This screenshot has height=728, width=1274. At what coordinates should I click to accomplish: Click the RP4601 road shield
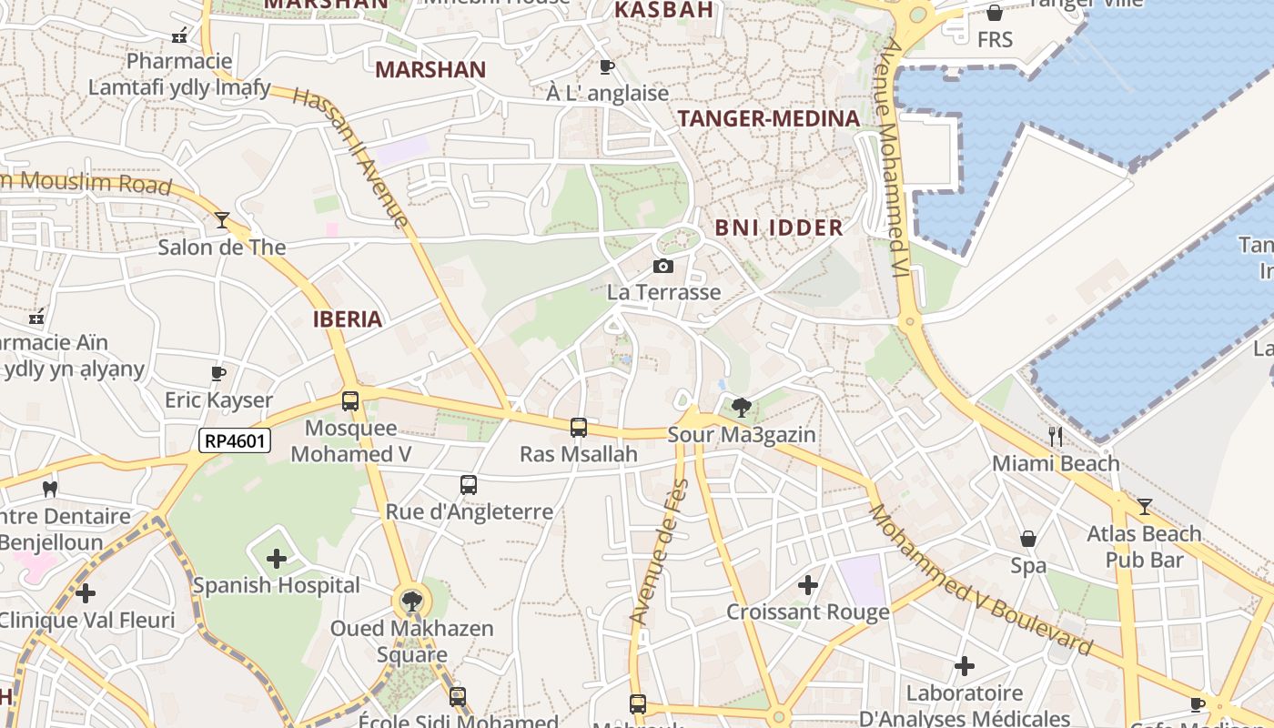coord(235,441)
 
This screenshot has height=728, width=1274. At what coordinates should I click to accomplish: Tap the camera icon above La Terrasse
coord(663,266)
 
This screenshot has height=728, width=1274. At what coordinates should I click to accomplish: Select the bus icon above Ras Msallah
coord(578,427)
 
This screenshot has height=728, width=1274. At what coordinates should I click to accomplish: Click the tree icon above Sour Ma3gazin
coord(742,407)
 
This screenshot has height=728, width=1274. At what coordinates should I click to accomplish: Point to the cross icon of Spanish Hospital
coord(277,558)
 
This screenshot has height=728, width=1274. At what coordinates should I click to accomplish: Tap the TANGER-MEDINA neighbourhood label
coord(769,118)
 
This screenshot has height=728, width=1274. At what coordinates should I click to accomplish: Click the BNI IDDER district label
coord(779,227)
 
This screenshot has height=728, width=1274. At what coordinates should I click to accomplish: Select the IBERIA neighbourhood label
coord(347,319)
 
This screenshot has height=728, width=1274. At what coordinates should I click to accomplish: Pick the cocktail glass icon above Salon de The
coord(221,220)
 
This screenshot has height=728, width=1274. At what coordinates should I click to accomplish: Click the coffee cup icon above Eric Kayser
coord(218,373)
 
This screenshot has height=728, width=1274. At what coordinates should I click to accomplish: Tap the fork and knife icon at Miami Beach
coord(1056,437)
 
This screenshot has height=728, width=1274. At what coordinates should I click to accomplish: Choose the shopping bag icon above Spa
coord(1028,539)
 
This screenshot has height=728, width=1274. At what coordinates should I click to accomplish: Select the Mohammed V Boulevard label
coord(979,580)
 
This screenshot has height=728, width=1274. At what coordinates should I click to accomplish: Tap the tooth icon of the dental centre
coord(50,490)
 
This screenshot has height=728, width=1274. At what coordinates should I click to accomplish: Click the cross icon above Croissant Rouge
coord(807,585)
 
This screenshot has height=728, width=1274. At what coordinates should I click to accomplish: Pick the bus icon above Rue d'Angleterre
coord(469,485)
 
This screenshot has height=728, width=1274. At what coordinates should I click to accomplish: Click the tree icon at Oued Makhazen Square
coord(412,601)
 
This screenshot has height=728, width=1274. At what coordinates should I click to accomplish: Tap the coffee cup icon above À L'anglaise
coord(607,66)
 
